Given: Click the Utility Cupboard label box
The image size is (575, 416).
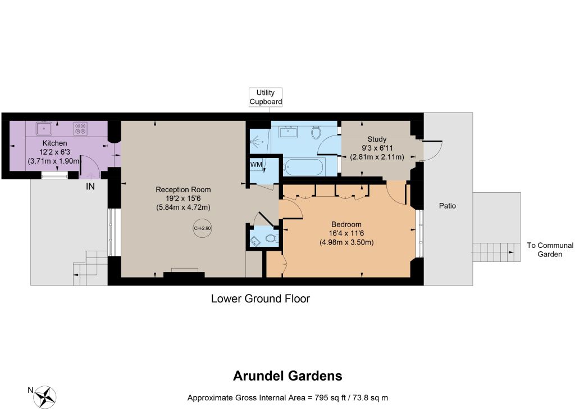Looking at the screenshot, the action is tap(266, 97).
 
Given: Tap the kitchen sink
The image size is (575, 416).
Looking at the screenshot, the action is tap(44, 128).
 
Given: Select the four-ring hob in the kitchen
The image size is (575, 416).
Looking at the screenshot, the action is tap(80, 128).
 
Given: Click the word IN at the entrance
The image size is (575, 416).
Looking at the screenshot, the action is tap(90, 187).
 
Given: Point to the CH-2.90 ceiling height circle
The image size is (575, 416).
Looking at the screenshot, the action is tap(202, 228).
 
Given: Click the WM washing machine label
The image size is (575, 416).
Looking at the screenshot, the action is tap(256, 165).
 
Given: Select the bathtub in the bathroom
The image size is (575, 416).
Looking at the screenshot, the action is tap(303, 168).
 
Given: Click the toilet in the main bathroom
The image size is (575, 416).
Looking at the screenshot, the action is tap(316, 132).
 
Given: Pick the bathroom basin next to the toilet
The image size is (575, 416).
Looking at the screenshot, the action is tap(288, 131).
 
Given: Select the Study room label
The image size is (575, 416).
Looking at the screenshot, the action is tap(377, 139).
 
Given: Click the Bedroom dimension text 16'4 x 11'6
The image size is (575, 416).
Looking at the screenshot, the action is tap(346, 233).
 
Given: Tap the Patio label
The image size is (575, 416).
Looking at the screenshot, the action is tap(448, 206).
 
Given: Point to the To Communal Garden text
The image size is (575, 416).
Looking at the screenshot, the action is tap(550, 250).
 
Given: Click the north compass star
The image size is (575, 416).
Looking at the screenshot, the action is tap(45, 397).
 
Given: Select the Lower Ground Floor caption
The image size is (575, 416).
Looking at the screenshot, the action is tap(261, 299).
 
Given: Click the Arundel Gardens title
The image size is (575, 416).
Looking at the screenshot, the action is tap(288, 376).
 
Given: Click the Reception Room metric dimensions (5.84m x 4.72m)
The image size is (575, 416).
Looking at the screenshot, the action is tap(184, 207).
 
